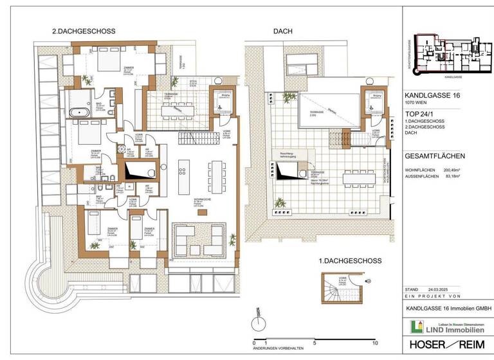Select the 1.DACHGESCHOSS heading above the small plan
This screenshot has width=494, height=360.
click(351, 261)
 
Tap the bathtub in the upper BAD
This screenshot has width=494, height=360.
click(81, 112)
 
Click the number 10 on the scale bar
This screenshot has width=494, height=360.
click(374, 343)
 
